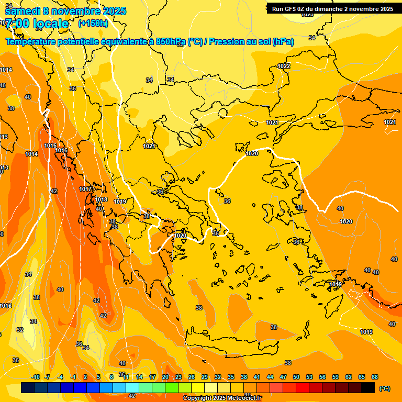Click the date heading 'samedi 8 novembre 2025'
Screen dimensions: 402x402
point(65,11)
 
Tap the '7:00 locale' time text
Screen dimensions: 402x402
point(37,24)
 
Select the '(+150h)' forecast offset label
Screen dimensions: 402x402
point(93,23)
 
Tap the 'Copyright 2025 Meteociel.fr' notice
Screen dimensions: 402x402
point(222,398)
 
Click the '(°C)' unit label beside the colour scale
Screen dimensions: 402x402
point(384,388)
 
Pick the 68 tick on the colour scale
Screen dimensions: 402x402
point(375,377)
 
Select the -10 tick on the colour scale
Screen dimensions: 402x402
point(36,377)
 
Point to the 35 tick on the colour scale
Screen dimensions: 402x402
point(231,377)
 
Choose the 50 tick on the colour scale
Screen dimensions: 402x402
point(296,377)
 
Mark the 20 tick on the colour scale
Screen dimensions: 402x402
point(165,377)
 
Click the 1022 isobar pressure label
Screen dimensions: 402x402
point(284,66)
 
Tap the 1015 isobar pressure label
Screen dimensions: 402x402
point(50,146)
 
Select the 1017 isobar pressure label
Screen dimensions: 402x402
point(85,189)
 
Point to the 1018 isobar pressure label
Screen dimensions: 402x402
point(101,199)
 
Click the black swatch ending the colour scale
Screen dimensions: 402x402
point(368,388)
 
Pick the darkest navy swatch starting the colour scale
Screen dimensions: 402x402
point(28,388)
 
